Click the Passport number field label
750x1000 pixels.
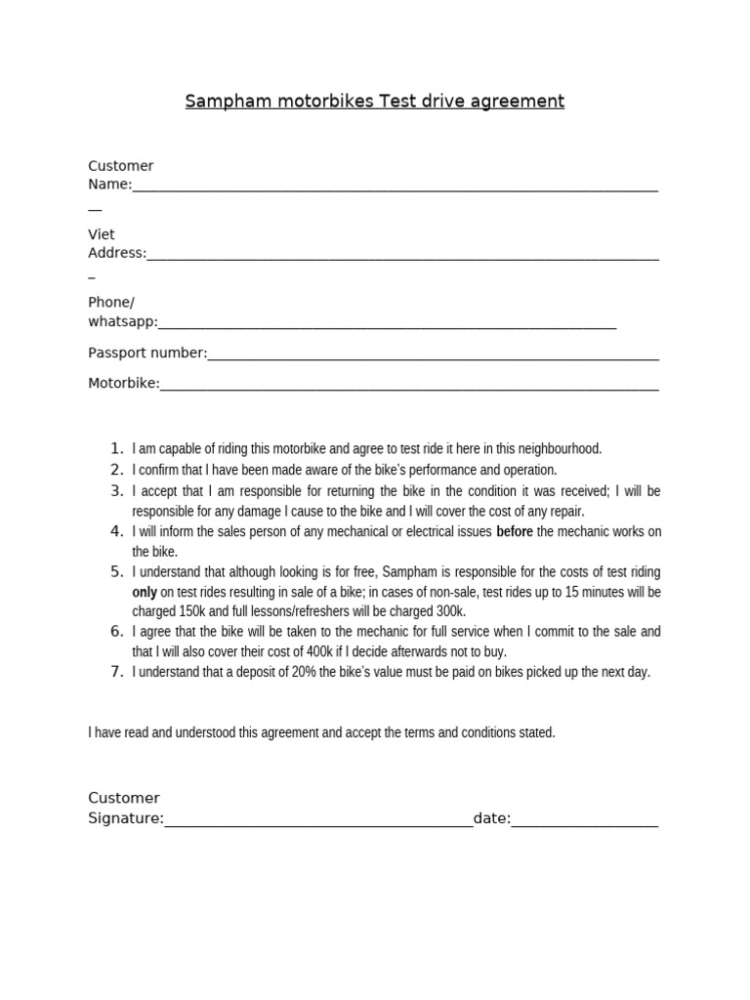coord(147,353)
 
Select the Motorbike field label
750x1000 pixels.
coord(123,384)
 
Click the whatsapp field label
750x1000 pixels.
coord(122,322)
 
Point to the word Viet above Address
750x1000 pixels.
coord(102,234)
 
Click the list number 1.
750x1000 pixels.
coord(115,449)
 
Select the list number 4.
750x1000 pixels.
coord(115,531)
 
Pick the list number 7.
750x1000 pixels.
coord(115,672)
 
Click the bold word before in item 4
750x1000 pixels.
coord(515,532)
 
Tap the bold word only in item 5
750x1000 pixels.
coord(145,593)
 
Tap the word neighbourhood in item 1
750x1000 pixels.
coord(561,449)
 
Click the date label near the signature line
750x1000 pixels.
coord(491,818)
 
